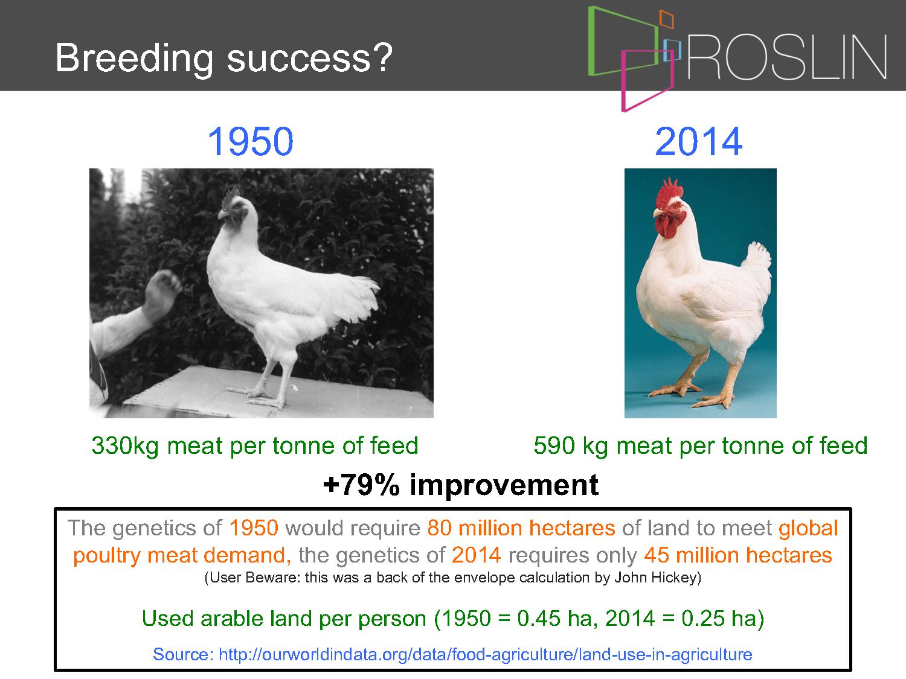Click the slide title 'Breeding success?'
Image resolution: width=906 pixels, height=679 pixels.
223,59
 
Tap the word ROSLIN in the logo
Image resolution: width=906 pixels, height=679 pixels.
787,57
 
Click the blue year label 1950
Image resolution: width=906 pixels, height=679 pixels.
251,141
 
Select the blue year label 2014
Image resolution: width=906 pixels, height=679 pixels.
699,141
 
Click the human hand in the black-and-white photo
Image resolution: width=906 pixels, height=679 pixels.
162,295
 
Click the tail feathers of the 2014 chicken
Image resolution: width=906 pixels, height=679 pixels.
758,259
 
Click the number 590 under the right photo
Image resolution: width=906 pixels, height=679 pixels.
554,445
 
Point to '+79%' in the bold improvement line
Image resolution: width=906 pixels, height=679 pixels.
361,485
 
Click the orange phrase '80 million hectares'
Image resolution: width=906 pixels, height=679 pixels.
521,528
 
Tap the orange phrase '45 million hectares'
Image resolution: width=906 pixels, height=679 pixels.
737,555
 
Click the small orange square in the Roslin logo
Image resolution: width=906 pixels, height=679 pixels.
667,19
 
